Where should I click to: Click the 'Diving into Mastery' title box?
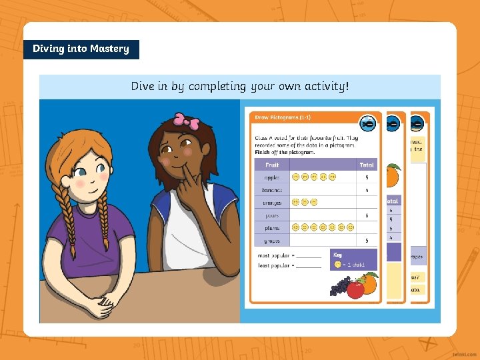pos(81,49)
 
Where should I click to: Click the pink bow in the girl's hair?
pos(186,121)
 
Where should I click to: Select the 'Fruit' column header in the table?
pos(272,165)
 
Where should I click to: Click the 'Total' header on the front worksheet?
pos(366,165)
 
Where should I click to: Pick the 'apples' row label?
pos(272,177)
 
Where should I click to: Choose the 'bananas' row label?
pos(272,190)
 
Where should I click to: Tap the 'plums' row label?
pos(272,227)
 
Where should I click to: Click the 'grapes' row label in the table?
pos(272,240)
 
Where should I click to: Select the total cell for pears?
pos(366,215)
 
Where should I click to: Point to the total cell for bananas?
pos(366,190)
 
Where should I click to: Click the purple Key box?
pos(353,259)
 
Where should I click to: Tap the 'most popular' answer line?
pos(308,257)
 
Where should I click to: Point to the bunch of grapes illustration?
pos(340,287)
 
